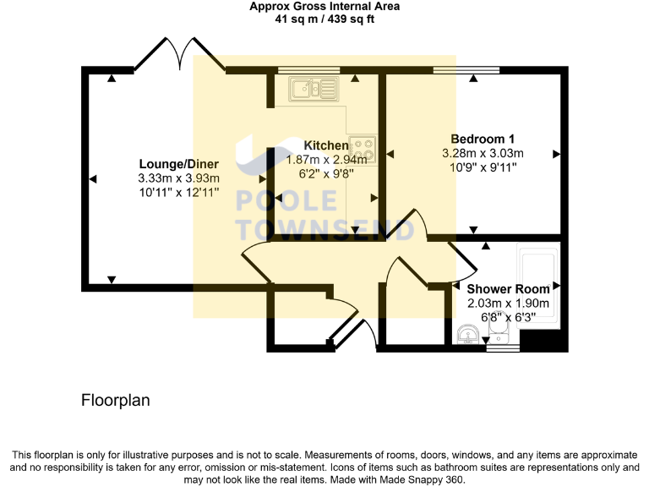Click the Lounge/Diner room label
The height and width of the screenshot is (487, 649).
pos(178,164)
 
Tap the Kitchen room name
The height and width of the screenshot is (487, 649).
pos(326,145)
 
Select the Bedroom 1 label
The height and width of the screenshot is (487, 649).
pos(483,139)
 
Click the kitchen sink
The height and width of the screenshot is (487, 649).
pos(312,88)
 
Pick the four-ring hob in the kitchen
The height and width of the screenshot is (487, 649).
pos(365,150)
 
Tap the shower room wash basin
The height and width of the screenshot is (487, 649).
pos(466,337)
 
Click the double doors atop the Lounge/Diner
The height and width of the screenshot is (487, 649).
pos(179,52)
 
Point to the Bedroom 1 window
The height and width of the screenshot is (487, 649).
pos(466,70)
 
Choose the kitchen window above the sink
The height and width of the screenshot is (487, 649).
pos(308,70)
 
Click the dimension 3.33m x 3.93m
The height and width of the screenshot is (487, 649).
pos(178,178)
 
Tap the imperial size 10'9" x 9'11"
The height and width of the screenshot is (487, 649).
pos(483,167)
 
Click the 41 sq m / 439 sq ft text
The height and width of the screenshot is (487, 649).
pos(324,19)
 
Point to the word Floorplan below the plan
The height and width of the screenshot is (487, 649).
pos(116,400)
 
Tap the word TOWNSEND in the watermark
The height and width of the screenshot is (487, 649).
pos(324,229)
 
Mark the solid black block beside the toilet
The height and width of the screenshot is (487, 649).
pos(543,341)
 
